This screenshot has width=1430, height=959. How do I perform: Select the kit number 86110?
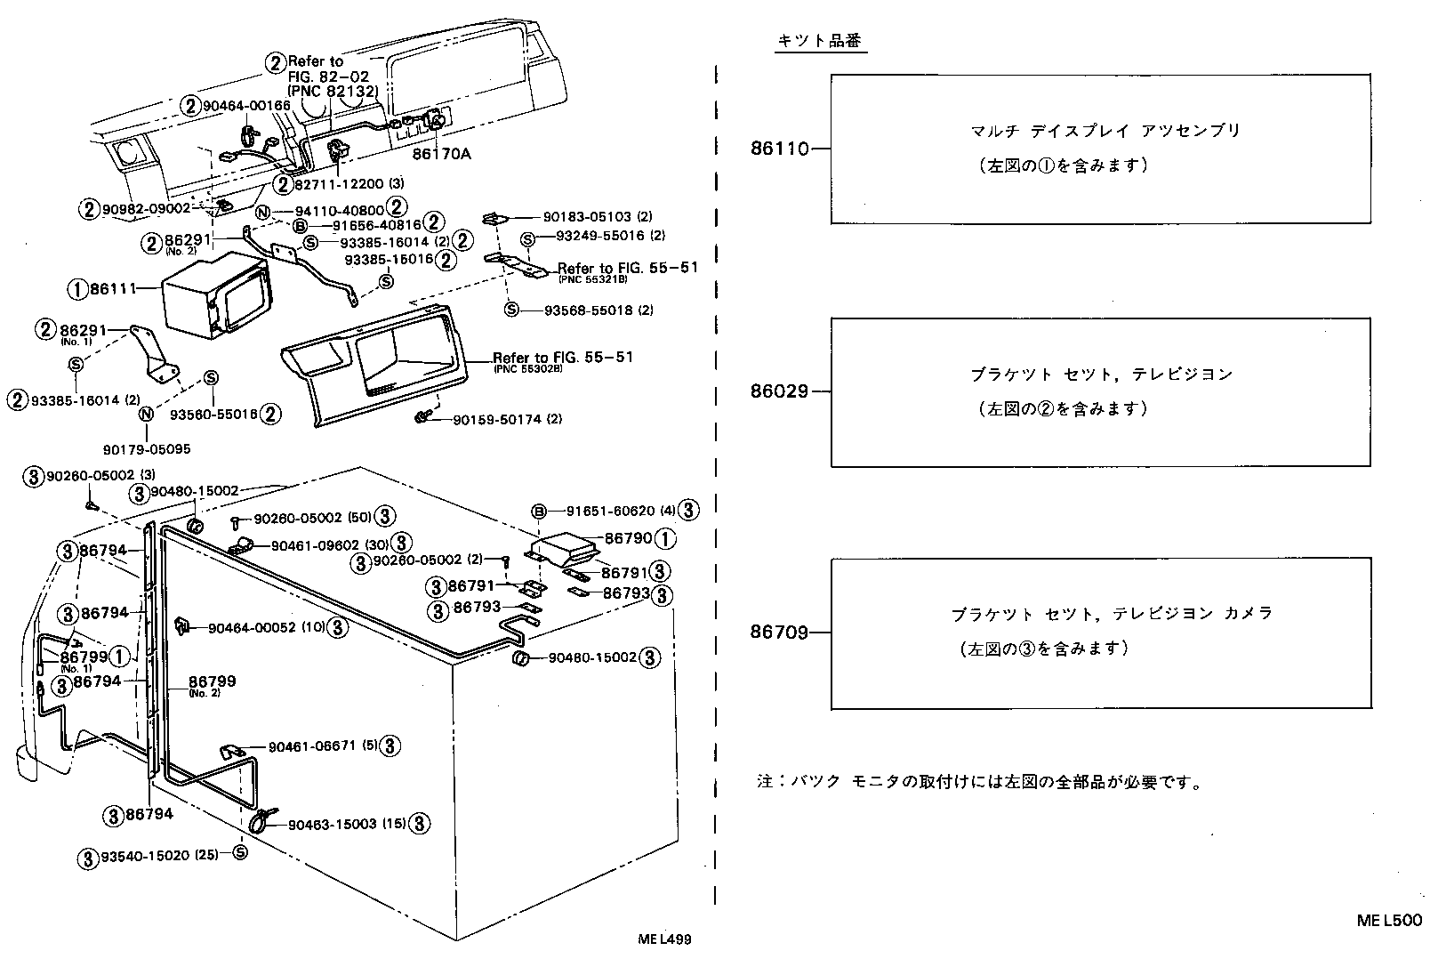point(779,149)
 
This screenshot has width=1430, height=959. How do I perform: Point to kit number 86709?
point(779,633)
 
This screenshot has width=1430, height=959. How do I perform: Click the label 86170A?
point(441,154)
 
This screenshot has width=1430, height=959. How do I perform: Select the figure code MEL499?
point(664,939)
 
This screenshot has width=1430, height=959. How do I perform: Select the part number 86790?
point(628,538)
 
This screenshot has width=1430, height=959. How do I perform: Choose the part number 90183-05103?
point(582,216)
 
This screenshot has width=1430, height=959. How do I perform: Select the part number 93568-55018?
point(582,310)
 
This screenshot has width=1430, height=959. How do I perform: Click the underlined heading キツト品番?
point(820,42)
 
